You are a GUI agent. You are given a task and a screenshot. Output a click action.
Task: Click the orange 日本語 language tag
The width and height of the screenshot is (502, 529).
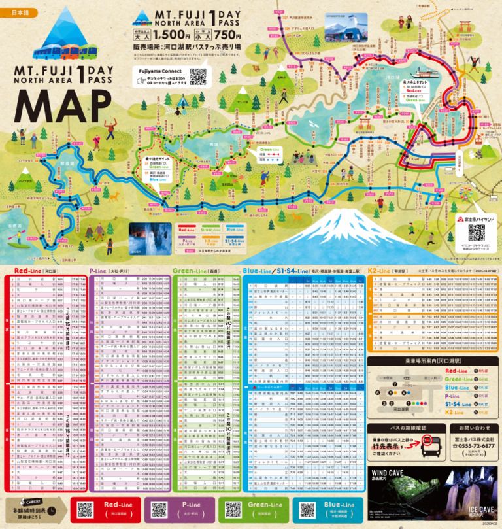tap(24, 12)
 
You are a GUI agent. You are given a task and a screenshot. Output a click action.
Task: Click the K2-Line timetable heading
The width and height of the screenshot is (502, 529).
tap(386, 269)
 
